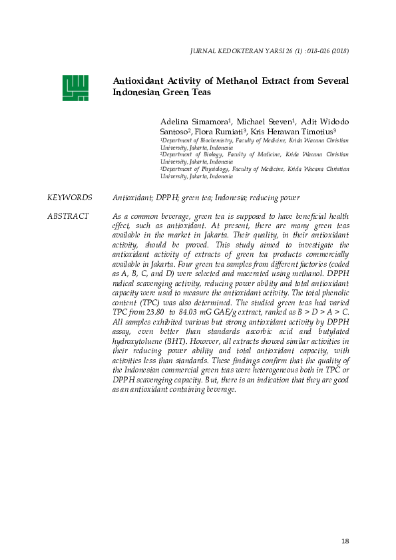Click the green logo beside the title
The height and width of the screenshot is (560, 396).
(x=75, y=87)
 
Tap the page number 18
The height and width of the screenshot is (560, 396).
(x=344, y=541)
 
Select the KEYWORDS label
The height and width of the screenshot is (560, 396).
(x=69, y=198)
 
